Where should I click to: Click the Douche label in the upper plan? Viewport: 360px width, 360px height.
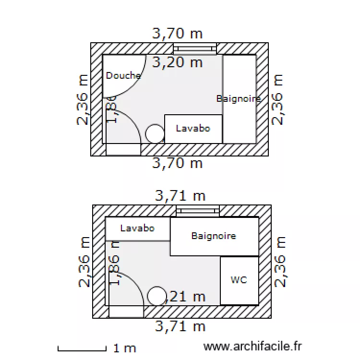(x=123, y=75)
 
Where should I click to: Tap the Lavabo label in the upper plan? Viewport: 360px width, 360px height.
(x=193, y=129)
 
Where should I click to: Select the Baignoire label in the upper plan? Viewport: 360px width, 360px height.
(x=239, y=98)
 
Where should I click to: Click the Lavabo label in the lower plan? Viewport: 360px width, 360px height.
(x=137, y=228)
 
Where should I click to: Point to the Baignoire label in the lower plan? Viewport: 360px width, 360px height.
(x=214, y=236)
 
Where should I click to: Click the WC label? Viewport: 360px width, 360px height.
(x=239, y=280)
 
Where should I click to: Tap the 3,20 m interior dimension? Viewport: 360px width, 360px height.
(x=177, y=62)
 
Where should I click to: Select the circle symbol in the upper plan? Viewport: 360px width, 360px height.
(x=155, y=133)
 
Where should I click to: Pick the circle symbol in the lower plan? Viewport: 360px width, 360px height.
(x=156, y=296)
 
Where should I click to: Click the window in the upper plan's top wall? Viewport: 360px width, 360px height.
(x=194, y=48)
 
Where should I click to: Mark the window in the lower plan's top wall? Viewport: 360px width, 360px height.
(x=197, y=211)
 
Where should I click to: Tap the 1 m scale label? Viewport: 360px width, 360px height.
(x=125, y=348)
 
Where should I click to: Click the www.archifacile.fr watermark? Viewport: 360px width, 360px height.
(x=252, y=346)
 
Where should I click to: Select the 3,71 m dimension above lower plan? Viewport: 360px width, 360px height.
(x=180, y=195)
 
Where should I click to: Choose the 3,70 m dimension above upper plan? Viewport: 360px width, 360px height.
(x=177, y=33)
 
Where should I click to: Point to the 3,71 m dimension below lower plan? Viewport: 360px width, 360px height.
(x=180, y=326)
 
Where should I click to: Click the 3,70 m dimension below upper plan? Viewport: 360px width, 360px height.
(x=177, y=163)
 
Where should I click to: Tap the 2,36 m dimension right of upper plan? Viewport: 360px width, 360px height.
(x=278, y=99)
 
